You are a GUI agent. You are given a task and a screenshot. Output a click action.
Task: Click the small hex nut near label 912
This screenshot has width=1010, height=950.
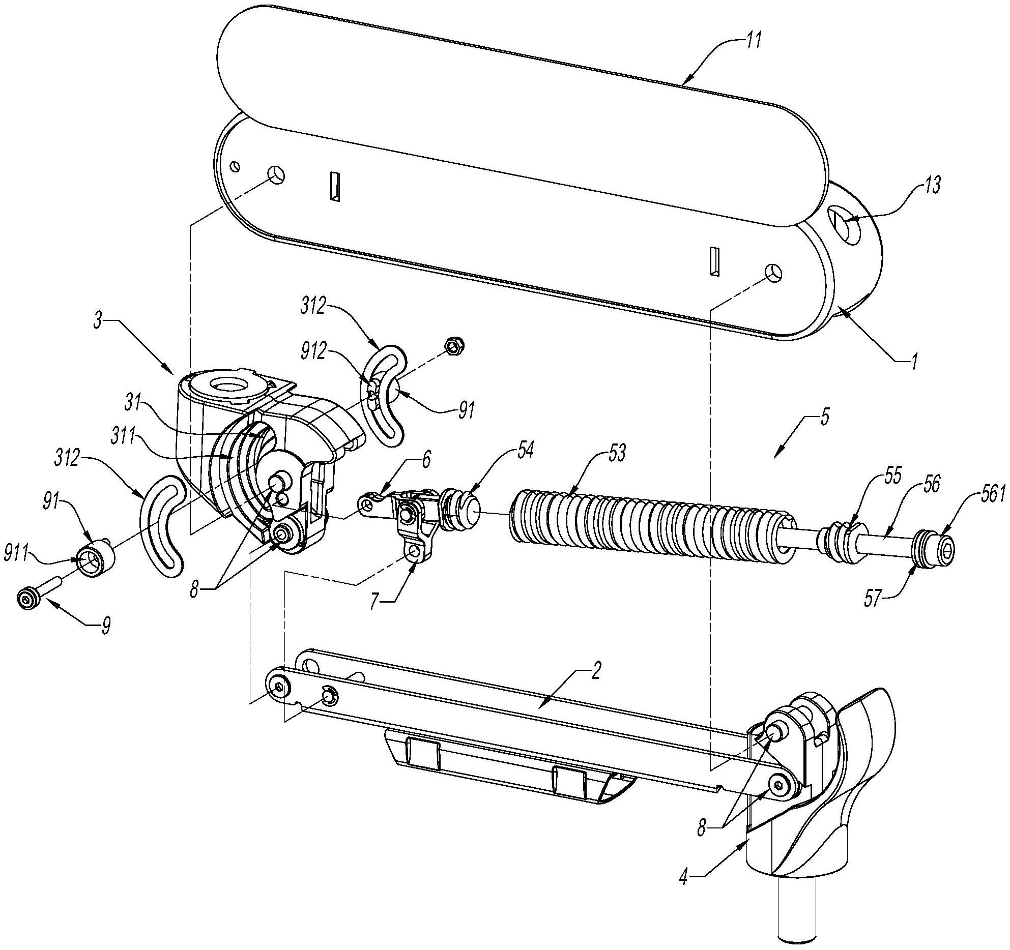(452, 346)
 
